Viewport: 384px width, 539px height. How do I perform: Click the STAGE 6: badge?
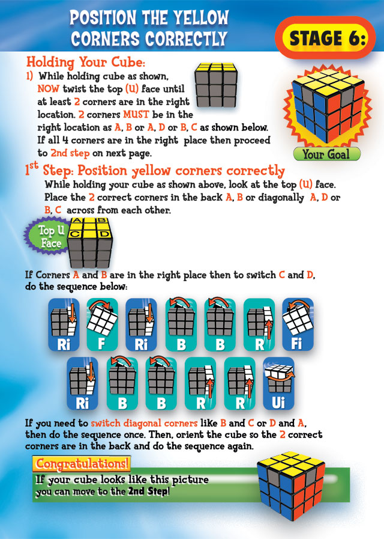tap(327, 38)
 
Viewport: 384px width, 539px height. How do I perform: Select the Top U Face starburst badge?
tap(46, 237)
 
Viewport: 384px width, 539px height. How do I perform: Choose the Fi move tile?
tap(298, 324)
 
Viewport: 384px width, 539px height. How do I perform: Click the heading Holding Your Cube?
tap(86, 62)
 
